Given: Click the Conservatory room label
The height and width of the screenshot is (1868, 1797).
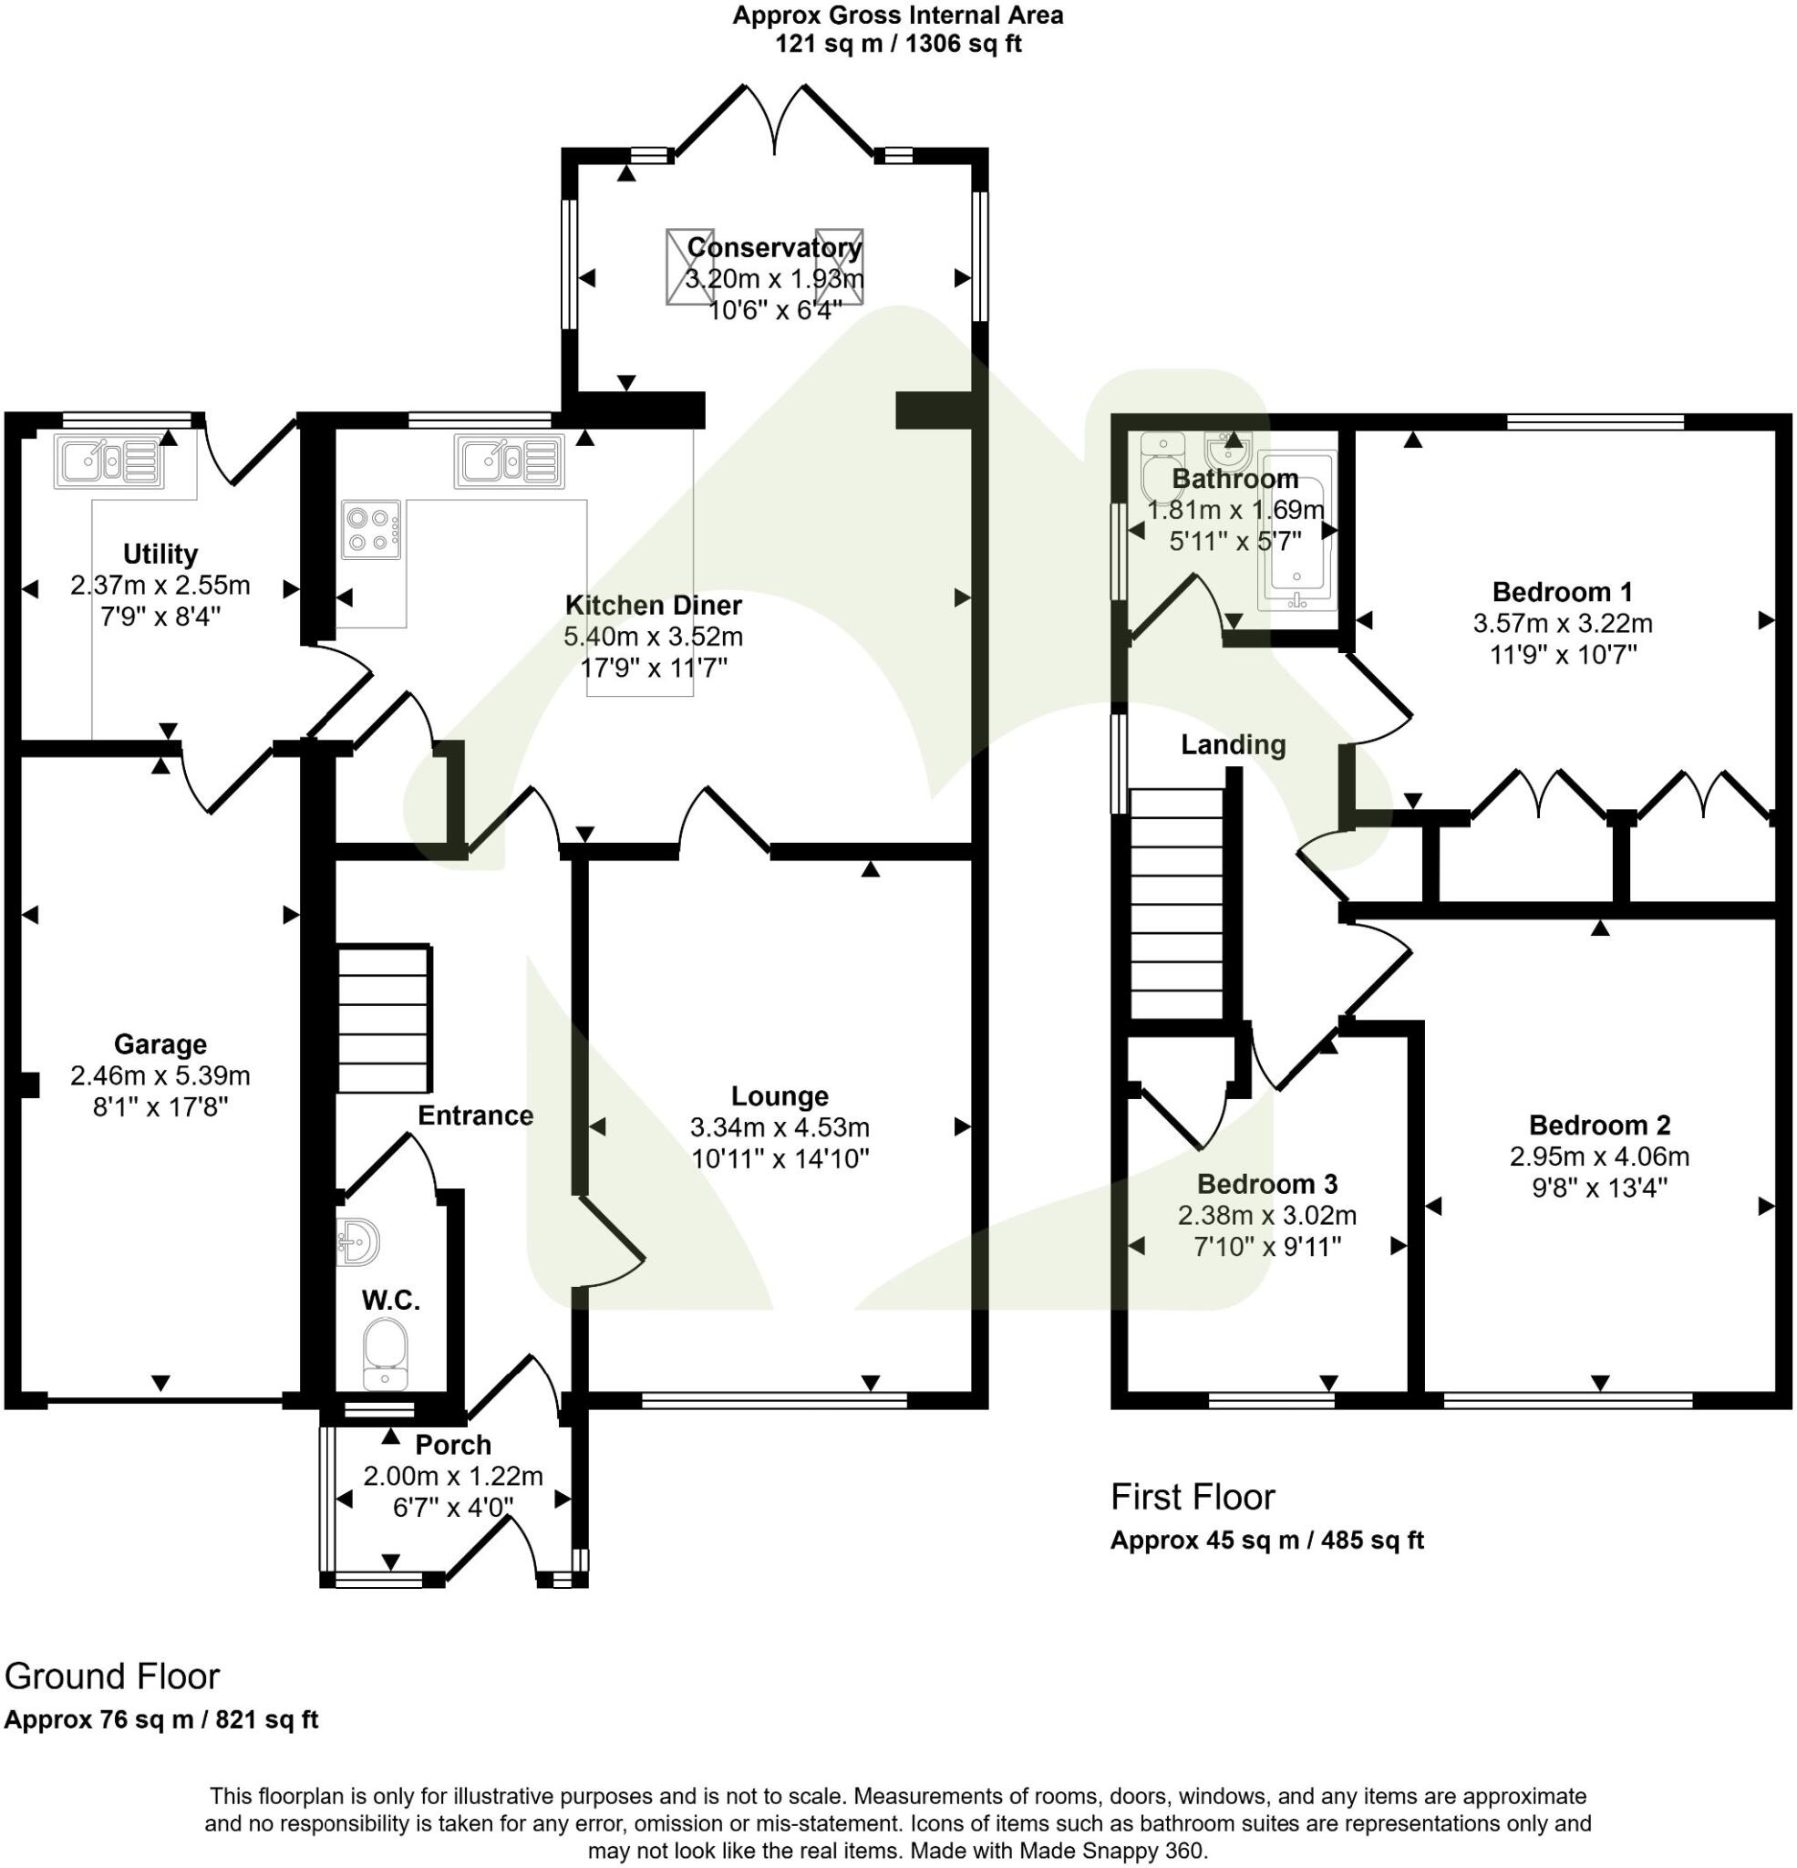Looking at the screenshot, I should pos(774,248).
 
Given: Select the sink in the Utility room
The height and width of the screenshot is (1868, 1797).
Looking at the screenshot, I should pos(109,462).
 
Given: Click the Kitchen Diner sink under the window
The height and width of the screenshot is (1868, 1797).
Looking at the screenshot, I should pos(509,462).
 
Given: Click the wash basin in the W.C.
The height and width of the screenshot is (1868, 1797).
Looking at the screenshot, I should pos(359,1240).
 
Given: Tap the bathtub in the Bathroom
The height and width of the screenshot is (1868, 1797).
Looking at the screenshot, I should pos(1296,531).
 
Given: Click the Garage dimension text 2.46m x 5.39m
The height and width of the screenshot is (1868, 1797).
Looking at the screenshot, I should pos(160,1076).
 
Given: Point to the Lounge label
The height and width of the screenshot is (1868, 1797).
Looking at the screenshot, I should pos(780,1096).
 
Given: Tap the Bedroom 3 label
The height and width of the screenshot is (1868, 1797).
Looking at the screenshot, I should pos(1266,1184).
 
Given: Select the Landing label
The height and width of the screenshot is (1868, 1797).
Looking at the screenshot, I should pos(1233,744).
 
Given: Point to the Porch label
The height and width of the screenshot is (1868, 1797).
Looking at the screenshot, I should pos(453,1445).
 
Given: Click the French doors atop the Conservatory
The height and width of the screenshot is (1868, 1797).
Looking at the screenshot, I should pos(776,119).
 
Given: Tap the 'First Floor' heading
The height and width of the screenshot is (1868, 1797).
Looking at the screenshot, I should pos(1192,1498).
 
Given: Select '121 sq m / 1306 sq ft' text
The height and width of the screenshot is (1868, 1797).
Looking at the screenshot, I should pos(897,44).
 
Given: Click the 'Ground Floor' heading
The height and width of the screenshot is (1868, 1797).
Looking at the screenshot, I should pos(112,1676).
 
